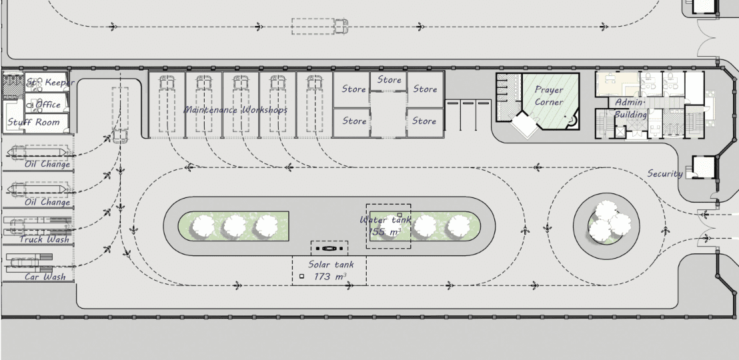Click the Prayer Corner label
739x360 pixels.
(x=549, y=96)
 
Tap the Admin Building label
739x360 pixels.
(x=630, y=108)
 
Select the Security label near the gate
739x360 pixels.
(x=665, y=173)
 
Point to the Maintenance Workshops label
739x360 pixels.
(x=235, y=109)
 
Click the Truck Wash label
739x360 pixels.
(x=44, y=239)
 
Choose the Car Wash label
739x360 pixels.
(x=45, y=277)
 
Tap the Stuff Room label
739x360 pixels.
(x=33, y=123)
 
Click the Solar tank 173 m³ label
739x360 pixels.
(x=329, y=270)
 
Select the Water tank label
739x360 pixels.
(x=386, y=220)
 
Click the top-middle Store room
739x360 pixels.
(x=390, y=80)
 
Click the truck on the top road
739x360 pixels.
(x=341, y=26)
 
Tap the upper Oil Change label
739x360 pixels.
(x=47, y=164)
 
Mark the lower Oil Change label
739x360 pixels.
(x=47, y=202)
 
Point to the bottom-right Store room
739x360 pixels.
(x=424, y=121)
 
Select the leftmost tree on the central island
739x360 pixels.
(x=203, y=227)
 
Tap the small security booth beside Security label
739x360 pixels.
(x=702, y=166)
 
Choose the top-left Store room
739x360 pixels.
(x=353, y=89)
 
